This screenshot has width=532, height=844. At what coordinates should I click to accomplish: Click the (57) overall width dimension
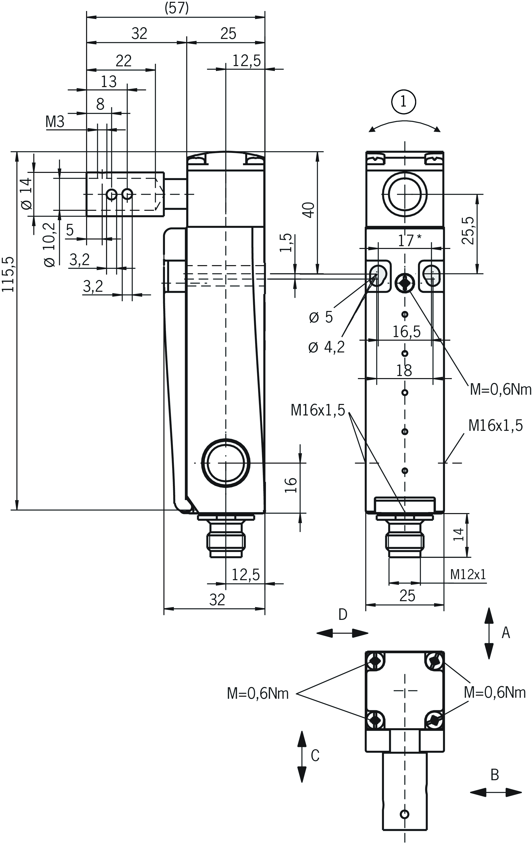tap(177, 8)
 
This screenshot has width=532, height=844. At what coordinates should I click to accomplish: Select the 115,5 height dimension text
tap(8, 274)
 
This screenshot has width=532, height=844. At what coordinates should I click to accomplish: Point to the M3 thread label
tap(55, 122)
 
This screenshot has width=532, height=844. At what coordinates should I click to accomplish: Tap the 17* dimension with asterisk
tap(409, 241)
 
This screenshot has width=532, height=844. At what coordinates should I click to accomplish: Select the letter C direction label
tap(315, 755)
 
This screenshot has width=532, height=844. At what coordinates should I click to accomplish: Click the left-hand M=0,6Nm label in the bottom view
tap(258, 694)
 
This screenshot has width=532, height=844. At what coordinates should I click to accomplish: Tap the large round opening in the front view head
tap(405, 195)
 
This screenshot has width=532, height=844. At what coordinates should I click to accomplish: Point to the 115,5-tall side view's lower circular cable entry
tap(226, 463)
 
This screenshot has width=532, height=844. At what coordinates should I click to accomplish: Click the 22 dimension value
tap(124, 61)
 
